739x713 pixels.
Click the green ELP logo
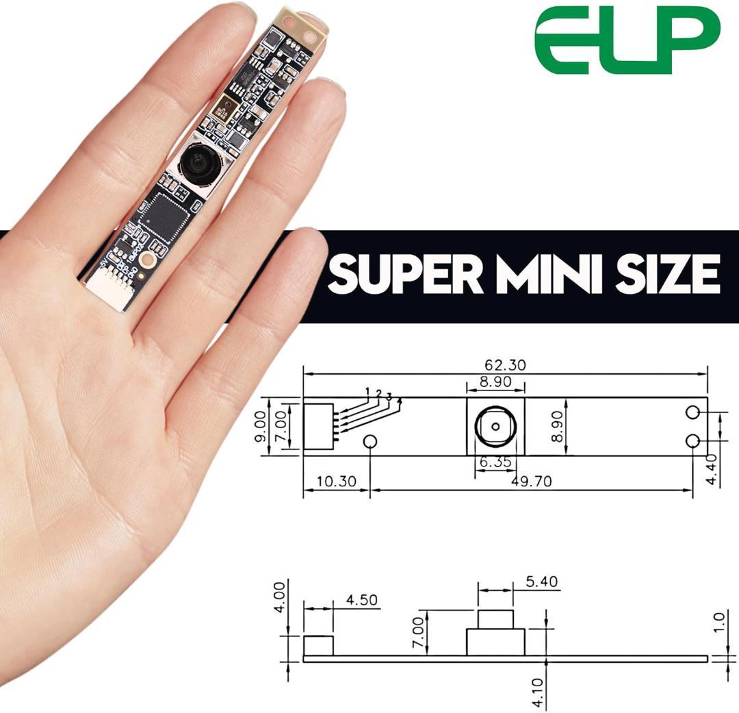point(627,41)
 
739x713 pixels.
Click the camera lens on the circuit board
point(200,162)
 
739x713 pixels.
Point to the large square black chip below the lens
point(163,216)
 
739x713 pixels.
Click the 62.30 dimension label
point(506,365)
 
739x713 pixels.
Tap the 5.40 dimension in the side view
point(542,582)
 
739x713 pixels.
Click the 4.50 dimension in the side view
point(361,601)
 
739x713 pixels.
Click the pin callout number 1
point(367,392)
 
